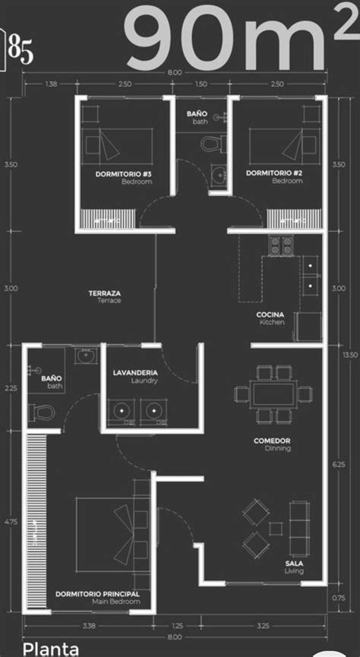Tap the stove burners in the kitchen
[x=280, y=245]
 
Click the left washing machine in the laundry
[x=122, y=411]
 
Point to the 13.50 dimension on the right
[x=349, y=355]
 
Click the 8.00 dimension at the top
[x=175, y=72]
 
